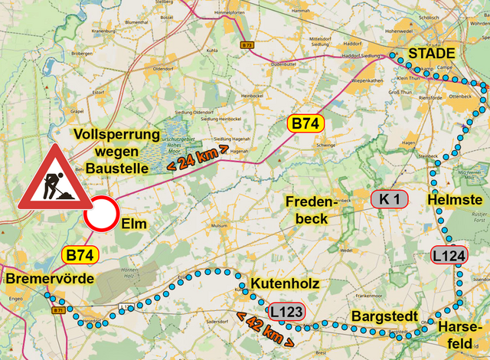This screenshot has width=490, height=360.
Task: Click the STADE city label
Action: pos(432,54)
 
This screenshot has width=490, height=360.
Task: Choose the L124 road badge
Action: pos(448,255)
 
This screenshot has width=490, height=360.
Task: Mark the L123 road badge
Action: pos(286,312)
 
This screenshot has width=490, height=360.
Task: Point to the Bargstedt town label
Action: pos(384,316)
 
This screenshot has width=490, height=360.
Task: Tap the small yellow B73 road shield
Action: pos(246,45)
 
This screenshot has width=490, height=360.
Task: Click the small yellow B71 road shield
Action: pos(59,311)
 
